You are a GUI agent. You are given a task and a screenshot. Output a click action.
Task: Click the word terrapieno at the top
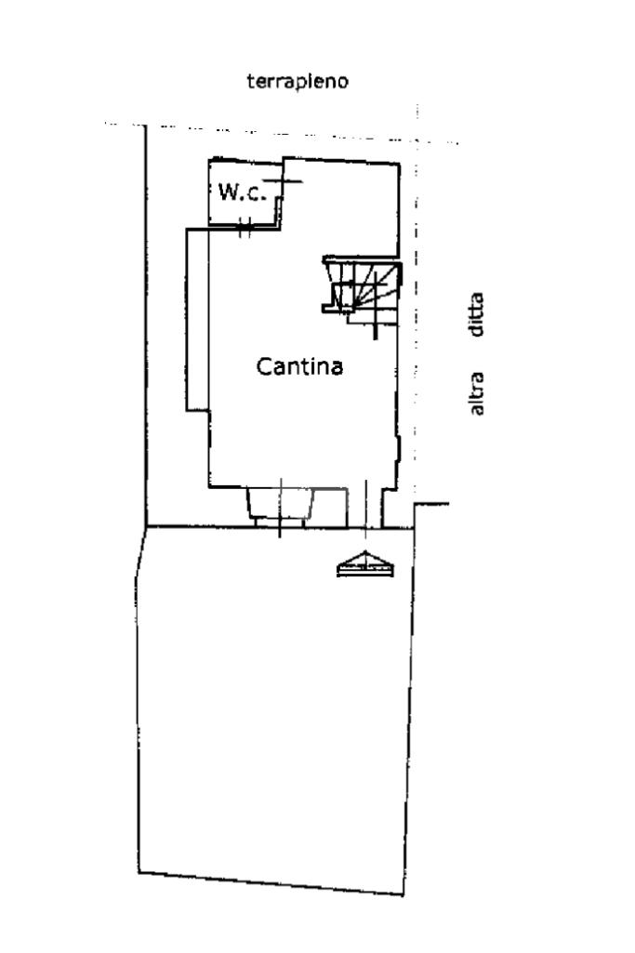tap(298, 81)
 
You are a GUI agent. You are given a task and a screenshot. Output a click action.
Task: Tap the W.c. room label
tap(242, 192)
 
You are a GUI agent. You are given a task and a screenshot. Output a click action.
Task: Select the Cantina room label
tap(299, 366)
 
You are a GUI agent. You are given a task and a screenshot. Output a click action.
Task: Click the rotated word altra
tap(477, 393)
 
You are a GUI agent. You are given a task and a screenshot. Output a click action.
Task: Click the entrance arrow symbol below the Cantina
tap(365, 563)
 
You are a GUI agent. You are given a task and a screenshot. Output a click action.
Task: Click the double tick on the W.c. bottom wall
tap(245, 228)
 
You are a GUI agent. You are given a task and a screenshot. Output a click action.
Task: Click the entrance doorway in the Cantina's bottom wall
tap(365, 508)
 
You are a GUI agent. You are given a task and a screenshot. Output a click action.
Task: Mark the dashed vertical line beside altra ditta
tap(417, 304)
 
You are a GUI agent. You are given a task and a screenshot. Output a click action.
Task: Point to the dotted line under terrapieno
tap(282, 133)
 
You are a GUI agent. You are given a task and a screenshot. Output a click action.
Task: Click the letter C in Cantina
tap(264, 366)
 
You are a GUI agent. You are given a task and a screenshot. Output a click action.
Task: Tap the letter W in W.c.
tap(229, 192)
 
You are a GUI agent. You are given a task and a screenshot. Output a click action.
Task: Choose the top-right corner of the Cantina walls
tap(399, 164)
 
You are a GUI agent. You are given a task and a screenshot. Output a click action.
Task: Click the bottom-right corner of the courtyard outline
tap(403, 894)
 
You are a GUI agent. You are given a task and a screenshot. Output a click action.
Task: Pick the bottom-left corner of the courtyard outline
tap(139, 873)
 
